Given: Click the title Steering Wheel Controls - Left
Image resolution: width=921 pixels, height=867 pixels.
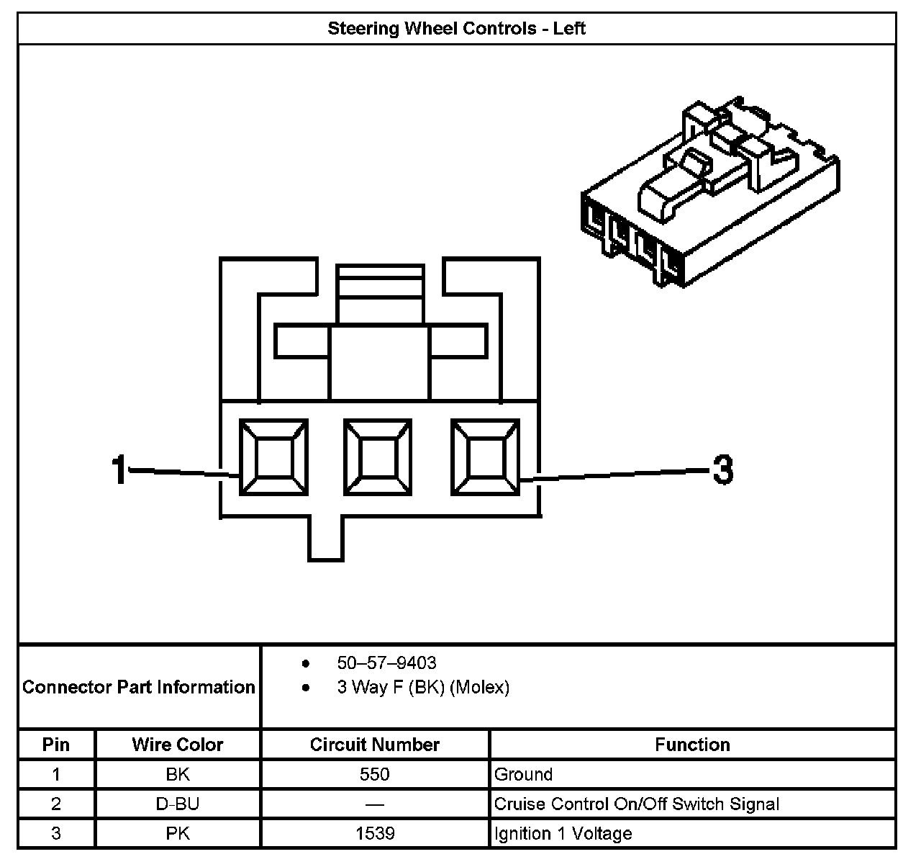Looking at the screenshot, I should coord(456,29).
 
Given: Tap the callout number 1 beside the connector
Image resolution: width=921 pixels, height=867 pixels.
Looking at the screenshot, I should coord(119,470).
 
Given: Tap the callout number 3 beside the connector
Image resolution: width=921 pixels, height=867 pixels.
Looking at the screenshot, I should coord(722,470).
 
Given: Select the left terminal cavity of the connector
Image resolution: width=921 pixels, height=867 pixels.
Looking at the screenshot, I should coord(273,458).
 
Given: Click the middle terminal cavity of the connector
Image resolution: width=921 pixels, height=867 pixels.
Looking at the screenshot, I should coord(378,458).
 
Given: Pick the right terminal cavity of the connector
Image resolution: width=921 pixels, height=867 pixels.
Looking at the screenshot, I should coord(484,458).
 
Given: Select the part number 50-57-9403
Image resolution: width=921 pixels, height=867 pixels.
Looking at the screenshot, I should coord(386,662).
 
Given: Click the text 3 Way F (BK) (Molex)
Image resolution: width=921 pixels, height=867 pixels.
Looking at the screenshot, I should coord(423,688).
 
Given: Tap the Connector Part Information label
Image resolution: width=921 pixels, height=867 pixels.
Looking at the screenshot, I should coord(139,687).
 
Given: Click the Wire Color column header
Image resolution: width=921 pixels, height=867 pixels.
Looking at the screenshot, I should coord(177,745).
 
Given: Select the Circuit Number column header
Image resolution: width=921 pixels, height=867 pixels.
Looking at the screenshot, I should coord(374,745).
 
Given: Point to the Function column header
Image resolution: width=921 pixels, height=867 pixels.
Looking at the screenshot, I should coord(692,745).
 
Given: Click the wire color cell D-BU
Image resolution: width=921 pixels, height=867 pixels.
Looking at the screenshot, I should coord(177,804).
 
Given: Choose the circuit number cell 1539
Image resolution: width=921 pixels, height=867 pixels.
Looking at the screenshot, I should coord(375,834).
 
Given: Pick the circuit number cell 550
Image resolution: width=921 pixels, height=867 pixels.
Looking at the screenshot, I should coord(375,775).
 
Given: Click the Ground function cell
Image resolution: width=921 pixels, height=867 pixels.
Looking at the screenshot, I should coord(524,775).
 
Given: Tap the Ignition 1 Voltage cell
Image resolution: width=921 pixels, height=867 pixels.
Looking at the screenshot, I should coord(563,834).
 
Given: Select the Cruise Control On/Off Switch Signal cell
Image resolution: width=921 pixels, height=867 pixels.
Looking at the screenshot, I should coord(637,804).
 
